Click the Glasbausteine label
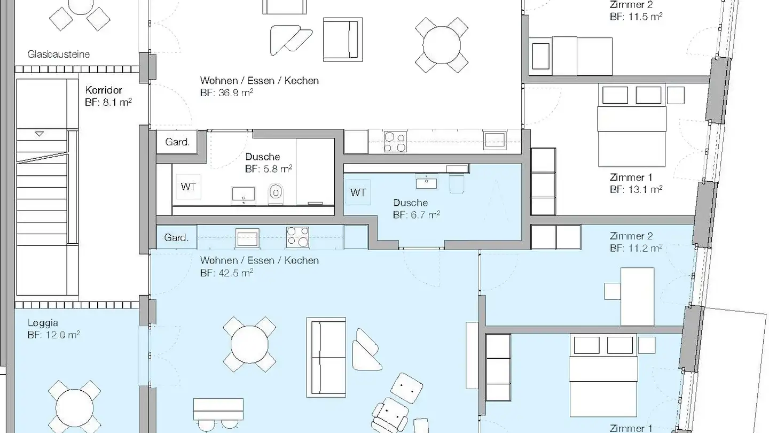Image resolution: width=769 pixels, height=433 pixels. [x=58, y=55]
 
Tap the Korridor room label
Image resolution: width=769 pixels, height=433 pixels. [x=104, y=90]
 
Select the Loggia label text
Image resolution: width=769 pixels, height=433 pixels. [x=43, y=323]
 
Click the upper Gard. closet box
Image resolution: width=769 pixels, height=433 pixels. [x=177, y=142]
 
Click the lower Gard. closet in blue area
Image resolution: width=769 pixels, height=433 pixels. [x=177, y=237]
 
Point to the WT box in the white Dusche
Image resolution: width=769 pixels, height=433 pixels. [x=188, y=187]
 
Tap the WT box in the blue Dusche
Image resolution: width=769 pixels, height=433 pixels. [x=358, y=192]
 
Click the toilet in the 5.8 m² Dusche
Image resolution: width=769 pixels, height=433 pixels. [x=276, y=193]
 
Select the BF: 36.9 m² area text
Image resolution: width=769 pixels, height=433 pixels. [x=226, y=93]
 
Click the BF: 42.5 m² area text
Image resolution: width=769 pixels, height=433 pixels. [x=226, y=273]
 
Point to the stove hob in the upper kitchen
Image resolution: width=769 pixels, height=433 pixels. [x=395, y=142]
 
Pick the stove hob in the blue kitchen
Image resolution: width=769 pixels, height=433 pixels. [x=297, y=237]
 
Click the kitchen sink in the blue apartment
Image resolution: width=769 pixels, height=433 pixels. [x=247, y=238]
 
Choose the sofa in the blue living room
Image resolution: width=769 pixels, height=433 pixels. [x=326, y=358]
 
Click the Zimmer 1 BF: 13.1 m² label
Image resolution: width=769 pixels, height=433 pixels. [x=636, y=183]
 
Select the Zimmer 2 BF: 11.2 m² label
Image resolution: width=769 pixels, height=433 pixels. [x=636, y=242]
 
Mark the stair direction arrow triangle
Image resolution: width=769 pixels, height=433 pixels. [x=40, y=134]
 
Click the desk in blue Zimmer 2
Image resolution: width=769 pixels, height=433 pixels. [x=637, y=297]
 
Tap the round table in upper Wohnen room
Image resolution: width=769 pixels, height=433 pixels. [x=442, y=45]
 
